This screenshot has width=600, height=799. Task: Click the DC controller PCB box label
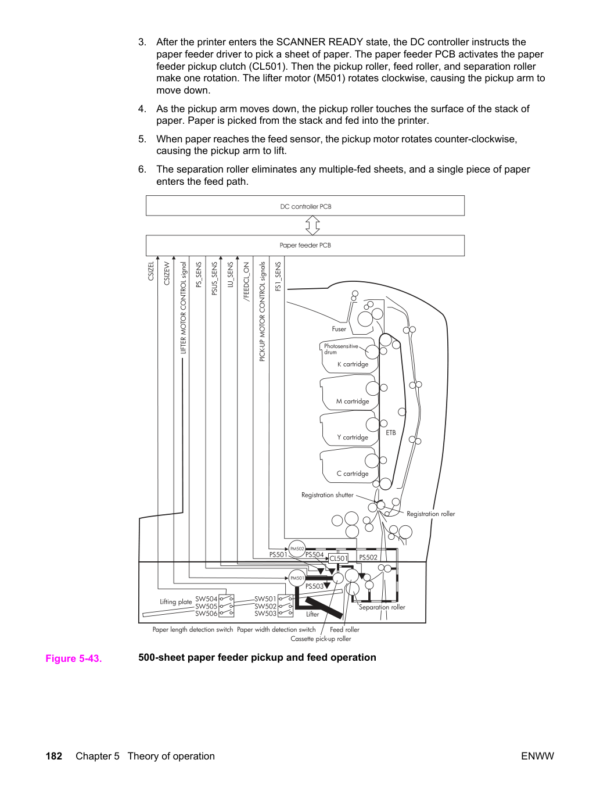[x=306, y=206]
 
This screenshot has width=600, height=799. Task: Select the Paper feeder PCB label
[x=306, y=245]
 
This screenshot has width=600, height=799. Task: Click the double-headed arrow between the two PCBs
[x=312, y=225]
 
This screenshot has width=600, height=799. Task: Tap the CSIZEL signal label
[x=151, y=271]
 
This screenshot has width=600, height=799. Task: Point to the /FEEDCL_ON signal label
[x=246, y=282]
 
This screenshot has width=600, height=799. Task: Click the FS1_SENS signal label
[x=278, y=277]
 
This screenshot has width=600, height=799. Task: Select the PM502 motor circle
[x=297, y=549]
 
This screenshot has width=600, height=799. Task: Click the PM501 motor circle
[x=297, y=578]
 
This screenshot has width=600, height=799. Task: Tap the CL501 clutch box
[x=339, y=558]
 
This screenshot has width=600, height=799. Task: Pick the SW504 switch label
[x=206, y=599]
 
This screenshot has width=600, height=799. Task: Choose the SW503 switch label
[x=265, y=614]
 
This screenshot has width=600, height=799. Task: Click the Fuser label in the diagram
[x=339, y=329]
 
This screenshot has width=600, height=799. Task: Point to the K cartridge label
[x=353, y=364]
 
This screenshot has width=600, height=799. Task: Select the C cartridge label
[x=353, y=474]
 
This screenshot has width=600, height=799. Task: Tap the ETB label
[x=391, y=433]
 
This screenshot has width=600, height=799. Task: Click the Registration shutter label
[x=328, y=495]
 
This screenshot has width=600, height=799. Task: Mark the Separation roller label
[x=382, y=607]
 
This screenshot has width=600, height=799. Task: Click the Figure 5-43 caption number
[x=74, y=658]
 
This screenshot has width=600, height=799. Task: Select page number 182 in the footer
[x=54, y=756]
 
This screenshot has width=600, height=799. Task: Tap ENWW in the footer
[x=537, y=756]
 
